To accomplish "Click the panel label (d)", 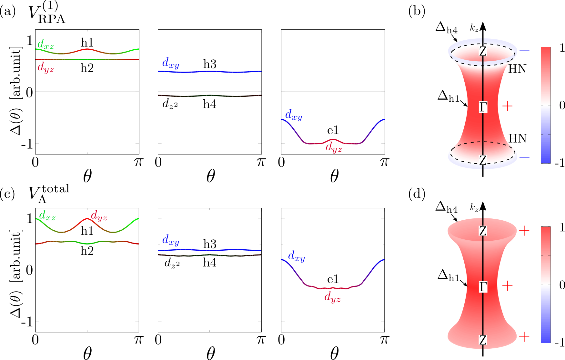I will click(417, 194).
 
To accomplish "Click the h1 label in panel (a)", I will click(87, 42).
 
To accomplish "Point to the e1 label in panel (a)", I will click(333, 130).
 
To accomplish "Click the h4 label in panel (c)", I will click(209, 263).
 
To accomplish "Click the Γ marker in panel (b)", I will click(483, 107).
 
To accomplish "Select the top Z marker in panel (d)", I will click(483, 231).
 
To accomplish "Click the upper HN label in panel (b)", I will click(517, 69).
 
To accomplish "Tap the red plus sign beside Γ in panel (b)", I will click(508, 106).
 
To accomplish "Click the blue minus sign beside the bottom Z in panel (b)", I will click(524, 157).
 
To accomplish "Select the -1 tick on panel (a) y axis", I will click(27, 144).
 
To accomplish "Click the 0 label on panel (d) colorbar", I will click(562, 285).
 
